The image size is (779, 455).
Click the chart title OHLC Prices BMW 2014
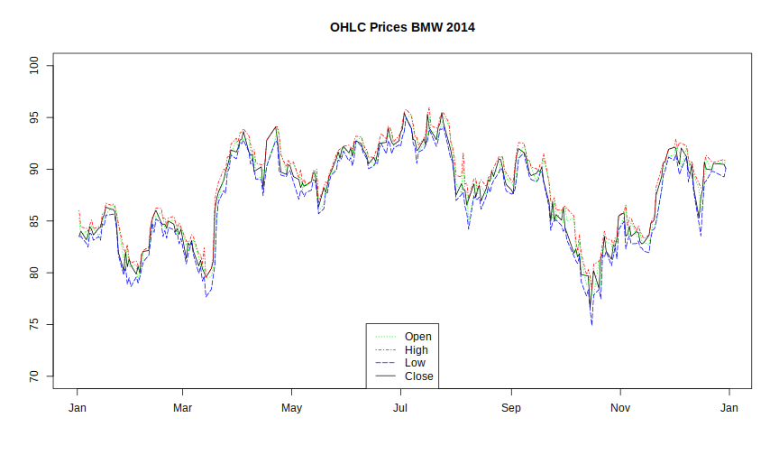pos(402,27)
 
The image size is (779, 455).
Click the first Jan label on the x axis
pos(78,408)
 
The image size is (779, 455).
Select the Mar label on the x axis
pos(183,408)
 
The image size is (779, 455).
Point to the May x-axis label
pos(291,408)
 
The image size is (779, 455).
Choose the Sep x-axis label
pos(511,408)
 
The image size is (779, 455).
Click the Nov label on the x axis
pos(620,408)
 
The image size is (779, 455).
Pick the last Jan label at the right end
pos(729,408)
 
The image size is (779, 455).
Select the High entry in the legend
pos(417,350)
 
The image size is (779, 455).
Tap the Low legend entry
pos(416,363)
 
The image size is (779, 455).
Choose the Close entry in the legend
pos(418,376)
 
